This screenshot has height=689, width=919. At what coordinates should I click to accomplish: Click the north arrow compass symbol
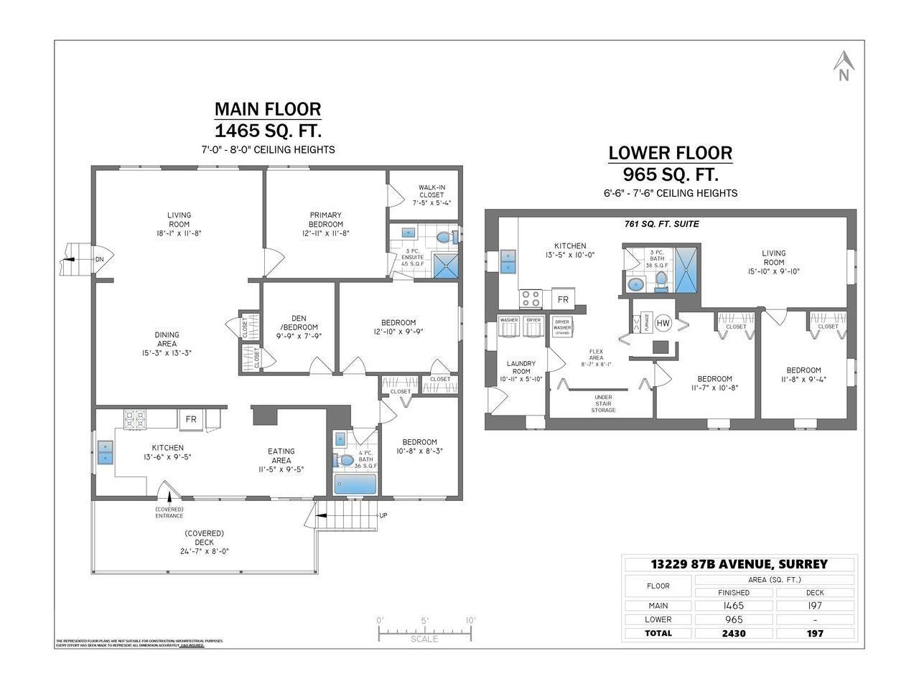click(x=844, y=67)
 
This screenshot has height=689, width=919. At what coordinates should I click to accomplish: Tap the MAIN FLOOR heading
click(x=268, y=109)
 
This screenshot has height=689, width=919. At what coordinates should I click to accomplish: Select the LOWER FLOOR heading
click(x=670, y=153)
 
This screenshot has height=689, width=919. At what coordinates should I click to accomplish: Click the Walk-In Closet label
click(x=431, y=194)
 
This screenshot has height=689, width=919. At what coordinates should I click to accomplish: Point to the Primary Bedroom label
click(x=325, y=223)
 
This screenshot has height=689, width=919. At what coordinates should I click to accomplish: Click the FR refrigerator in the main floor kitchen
click(x=191, y=419)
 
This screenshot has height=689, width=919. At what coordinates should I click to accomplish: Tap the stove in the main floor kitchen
click(x=134, y=419)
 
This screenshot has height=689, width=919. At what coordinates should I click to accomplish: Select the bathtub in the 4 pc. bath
click(x=355, y=484)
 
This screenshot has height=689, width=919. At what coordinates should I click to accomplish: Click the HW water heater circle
click(x=663, y=324)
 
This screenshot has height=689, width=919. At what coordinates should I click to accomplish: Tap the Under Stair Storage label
click(x=603, y=403)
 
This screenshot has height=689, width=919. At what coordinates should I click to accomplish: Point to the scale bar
click(x=425, y=632)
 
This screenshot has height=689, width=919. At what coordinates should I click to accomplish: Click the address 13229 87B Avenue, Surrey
click(x=739, y=564)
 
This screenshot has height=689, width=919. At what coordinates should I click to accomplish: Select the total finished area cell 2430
click(x=734, y=633)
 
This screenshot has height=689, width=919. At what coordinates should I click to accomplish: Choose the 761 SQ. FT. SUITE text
click(x=661, y=224)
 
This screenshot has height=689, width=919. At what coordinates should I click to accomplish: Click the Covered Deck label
click(x=204, y=542)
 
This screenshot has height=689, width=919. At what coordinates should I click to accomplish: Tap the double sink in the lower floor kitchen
click(x=508, y=262)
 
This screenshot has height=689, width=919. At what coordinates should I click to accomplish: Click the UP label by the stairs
click(x=383, y=515)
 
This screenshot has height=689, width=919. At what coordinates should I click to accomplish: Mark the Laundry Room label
click(x=521, y=371)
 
